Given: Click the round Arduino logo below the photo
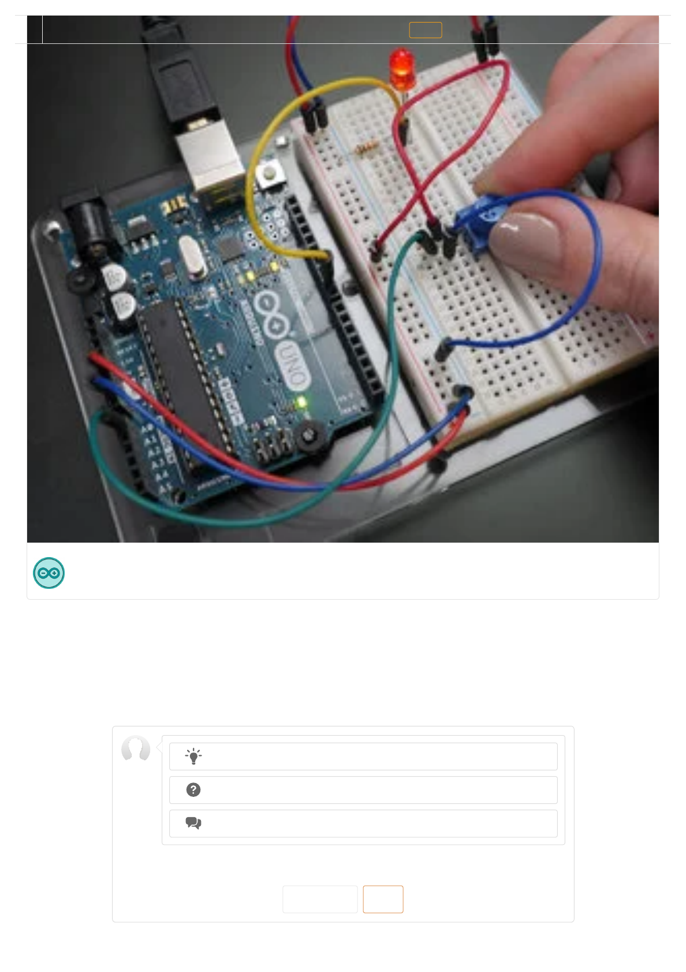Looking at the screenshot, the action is (49, 573).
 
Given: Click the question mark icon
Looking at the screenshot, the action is (193, 790).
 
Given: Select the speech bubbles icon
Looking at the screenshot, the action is (193, 823).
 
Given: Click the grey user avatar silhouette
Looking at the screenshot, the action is (136, 749).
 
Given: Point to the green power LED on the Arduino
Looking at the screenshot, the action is (301, 403).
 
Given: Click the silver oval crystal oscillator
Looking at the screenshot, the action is (192, 258).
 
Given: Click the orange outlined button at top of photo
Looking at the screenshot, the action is (426, 30).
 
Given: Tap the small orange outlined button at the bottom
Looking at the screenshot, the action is (383, 899).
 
